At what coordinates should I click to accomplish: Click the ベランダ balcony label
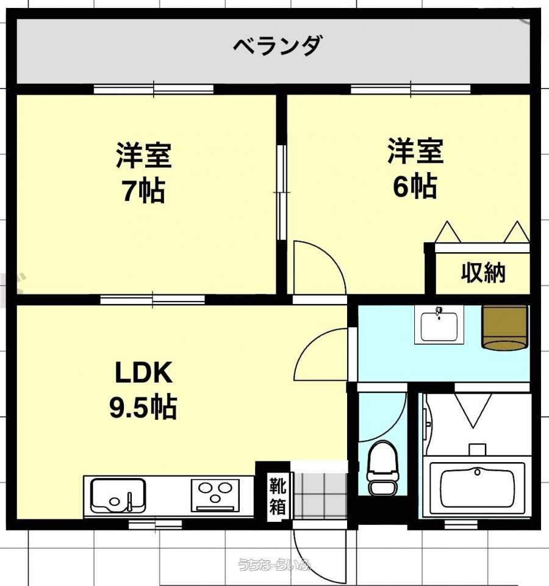(x=277, y=46)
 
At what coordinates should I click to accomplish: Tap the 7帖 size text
(x=144, y=190)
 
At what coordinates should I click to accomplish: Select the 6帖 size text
(x=415, y=186)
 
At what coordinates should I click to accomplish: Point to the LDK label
(x=144, y=372)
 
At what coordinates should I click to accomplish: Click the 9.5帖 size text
(x=143, y=407)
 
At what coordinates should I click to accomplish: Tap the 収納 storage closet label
(x=483, y=273)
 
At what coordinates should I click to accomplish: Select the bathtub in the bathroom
(x=477, y=487)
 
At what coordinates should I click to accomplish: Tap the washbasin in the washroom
(x=439, y=324)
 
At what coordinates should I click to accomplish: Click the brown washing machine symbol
(x=505, y=328)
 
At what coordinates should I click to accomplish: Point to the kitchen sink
(x=118, y=495)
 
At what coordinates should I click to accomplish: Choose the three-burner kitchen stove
(x=215, y=495)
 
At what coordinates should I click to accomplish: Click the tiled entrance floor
(x=320, y=496)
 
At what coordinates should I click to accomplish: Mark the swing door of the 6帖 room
(x=319, y=267)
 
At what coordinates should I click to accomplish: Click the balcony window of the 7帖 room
(x=154, y=89)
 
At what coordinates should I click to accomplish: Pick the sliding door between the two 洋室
(x=282, y=192)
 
